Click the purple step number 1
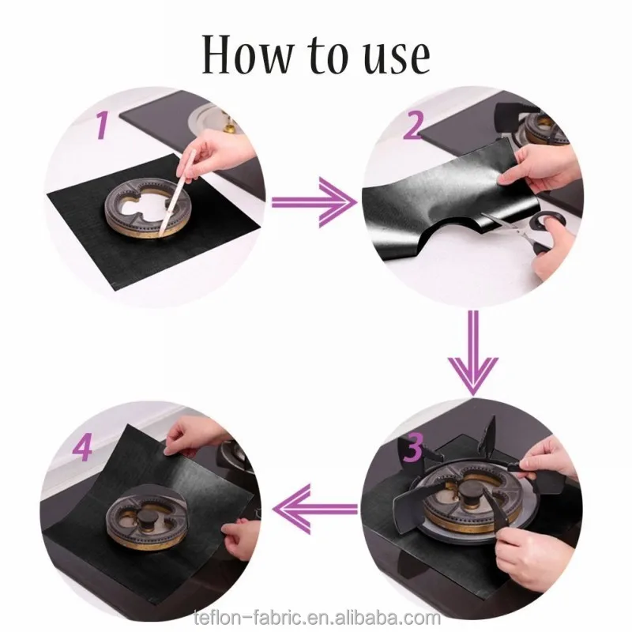point(103,126)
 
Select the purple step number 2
point(414,126)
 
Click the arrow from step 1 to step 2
point(314,202)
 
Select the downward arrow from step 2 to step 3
point(474,353)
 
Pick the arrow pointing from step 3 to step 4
point(315,509)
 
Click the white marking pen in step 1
point(176,193)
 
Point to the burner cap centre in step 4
point(145,517)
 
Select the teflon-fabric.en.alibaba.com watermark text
point(317,617)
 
